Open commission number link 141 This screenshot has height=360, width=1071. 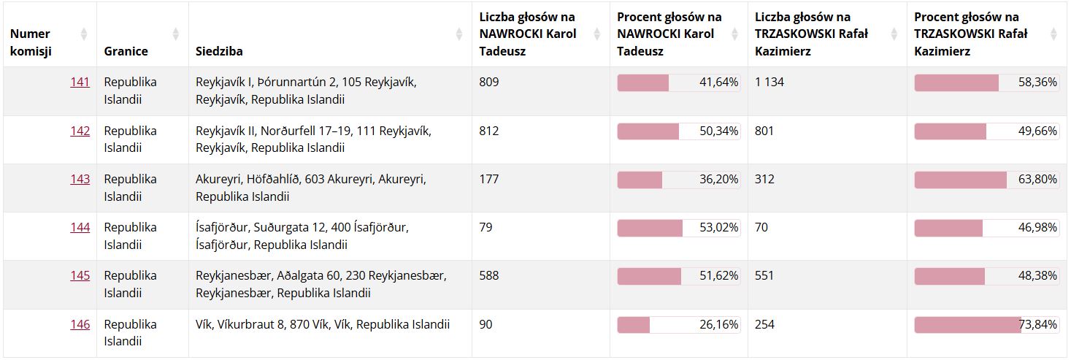click(80, 83)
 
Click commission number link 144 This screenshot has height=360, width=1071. click(80, 228)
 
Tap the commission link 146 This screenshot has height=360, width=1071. click(80, 325)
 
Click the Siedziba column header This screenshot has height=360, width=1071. click(220, 51)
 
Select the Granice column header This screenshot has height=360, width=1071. click(126, 51)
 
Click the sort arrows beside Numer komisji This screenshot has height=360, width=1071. click(84, 34)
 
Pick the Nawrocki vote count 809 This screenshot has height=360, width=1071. click(489, 83)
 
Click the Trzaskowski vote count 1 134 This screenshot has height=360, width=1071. click(769, 83)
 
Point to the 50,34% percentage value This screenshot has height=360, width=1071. click(718, 131)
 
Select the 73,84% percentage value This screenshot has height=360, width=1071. click(1037, 325)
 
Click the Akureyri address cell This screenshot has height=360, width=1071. click(311, 188)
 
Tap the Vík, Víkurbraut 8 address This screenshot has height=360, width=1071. click(323, 325)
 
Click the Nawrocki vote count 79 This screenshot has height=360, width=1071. click(485, 228)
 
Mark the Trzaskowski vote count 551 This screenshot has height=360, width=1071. click(765, 276)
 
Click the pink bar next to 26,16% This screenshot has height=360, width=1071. click(634, 325)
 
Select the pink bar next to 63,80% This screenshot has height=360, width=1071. click(960, 180)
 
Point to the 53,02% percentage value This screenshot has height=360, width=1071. click(718, 228)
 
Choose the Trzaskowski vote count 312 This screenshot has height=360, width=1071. click(765, 180)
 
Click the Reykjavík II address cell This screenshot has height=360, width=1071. click(313, 139)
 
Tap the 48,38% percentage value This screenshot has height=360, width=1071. click(1037, 276)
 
